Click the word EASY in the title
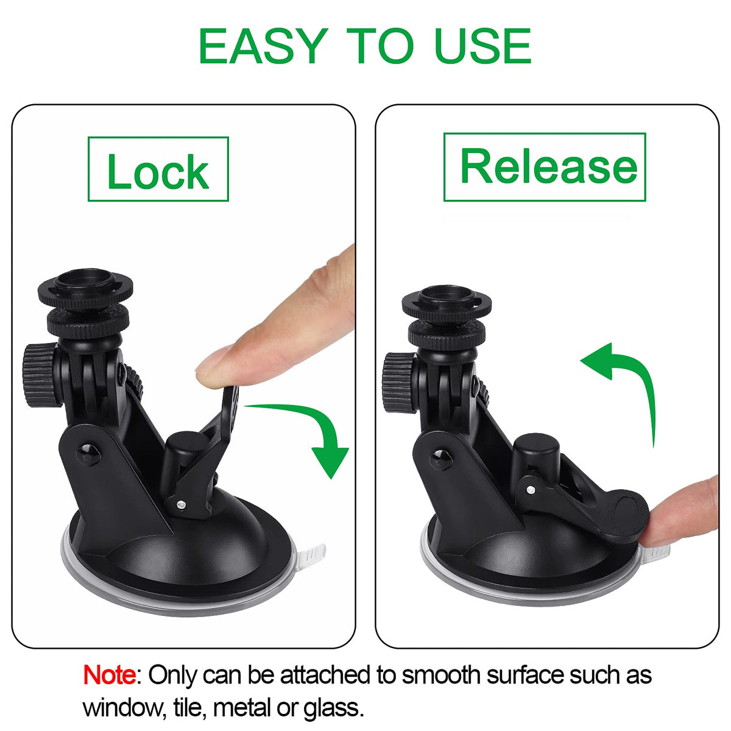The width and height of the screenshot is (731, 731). [x=263, y=46]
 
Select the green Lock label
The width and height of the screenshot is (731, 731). [x=158, y=169]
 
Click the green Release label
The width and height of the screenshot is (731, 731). [x=545, y=167]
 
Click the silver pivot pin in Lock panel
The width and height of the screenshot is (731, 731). [x=182, y=504]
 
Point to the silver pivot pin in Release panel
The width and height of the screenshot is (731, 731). [x=531, y=490]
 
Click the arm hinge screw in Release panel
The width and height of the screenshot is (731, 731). [x=440, y=460]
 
